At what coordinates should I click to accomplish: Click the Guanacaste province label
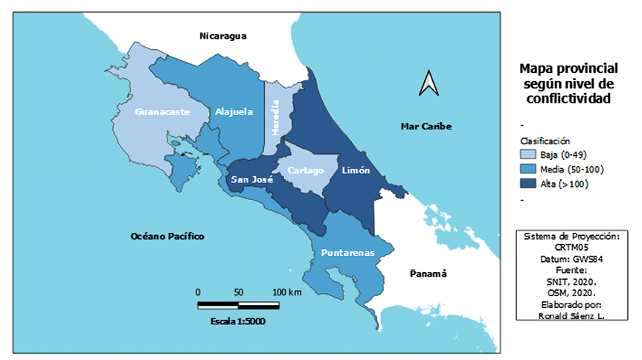(x=161, y=112)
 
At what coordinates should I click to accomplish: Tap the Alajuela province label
(x=234, y=112)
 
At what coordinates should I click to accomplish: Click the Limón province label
(x=356, y=170)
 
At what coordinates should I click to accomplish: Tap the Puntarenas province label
(x=347, y=254)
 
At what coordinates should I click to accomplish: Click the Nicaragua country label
(x=222, y=36)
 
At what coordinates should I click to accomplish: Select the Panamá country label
(x=428, y=274)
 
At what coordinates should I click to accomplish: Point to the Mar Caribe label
(x=426, y=126)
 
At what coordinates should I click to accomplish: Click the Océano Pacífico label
(x=167, y=236)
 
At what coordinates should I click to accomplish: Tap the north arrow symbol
(x=428, y=83)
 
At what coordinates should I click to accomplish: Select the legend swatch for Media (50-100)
(x=529, y=169)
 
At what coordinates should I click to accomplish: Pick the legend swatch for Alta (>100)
(x=529, y=184)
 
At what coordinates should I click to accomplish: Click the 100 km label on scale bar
(x=286, y=292)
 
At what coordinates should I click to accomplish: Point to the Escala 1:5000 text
(x=238, y=321)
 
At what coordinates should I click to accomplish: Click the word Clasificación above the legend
(x=545, y=140)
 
